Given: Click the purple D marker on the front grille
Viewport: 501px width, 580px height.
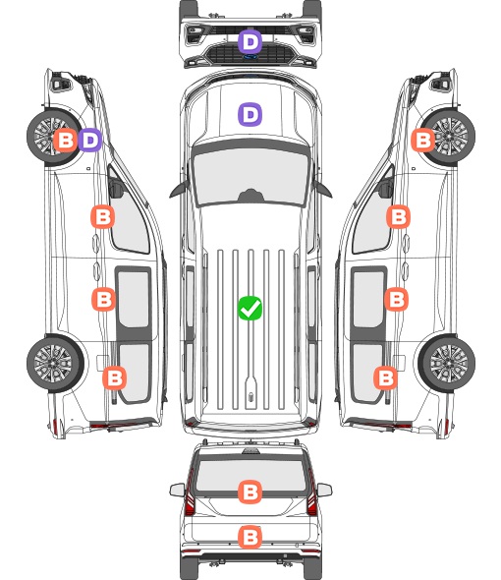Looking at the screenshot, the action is (x=250, y=42).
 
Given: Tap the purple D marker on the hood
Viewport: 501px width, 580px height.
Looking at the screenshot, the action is (x=250, y=115).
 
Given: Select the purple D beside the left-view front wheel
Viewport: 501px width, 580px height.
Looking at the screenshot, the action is (x=89, y=141).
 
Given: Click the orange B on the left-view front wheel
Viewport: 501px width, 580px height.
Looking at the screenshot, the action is (x=66, y=141).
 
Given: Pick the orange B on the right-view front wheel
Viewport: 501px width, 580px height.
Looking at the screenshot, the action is (x=423, y=141).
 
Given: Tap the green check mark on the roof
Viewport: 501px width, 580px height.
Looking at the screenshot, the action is (x=250, y=308).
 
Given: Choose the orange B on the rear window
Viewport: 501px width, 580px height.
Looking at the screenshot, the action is (x=250, y=492).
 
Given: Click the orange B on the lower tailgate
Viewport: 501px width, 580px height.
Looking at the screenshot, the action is (x=250, y=537).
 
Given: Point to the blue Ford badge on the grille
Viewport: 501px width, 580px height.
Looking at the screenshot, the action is (x=250, y=57).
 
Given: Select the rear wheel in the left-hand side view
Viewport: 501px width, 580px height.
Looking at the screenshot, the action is (x=55, y=364).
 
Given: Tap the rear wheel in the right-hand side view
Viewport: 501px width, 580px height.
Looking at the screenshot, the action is (x=447, y=364).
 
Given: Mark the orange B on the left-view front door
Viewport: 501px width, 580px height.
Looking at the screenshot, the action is (x=103, y=216).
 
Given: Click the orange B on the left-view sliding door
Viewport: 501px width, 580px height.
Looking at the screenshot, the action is (x=103, y=299).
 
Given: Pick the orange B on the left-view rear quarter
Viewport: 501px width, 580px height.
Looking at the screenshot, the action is (x=115, y=378).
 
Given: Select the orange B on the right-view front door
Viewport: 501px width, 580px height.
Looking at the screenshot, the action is (x=398, y=216).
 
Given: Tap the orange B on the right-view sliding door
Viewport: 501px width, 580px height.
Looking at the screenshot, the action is (x=396, y=299).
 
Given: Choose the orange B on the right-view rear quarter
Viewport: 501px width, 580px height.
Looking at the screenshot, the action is (x=386, y=378).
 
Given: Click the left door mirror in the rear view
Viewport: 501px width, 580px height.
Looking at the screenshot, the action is (x=177, y=490).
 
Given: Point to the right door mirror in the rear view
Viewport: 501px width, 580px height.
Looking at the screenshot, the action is (x=324, y=490).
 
